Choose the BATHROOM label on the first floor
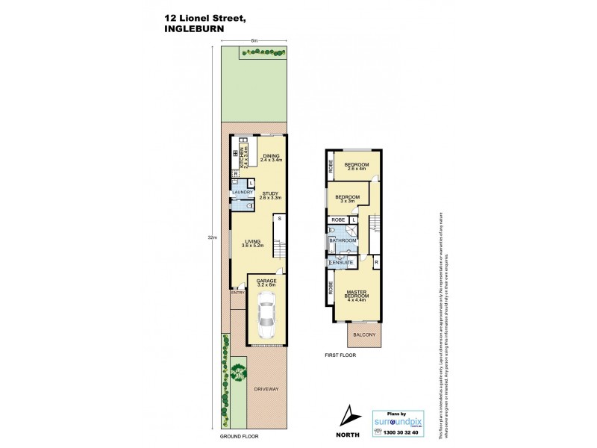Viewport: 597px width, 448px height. click(x=343, y=240)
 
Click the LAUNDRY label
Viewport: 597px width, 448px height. click(x=243, y=193)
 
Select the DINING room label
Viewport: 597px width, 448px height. click(x=271, y=157)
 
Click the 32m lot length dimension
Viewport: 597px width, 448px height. click(x=213, y=237)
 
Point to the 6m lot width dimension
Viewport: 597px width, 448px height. click(x=254, y=40)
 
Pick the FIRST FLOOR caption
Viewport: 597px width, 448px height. click(x=341, y=356)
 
